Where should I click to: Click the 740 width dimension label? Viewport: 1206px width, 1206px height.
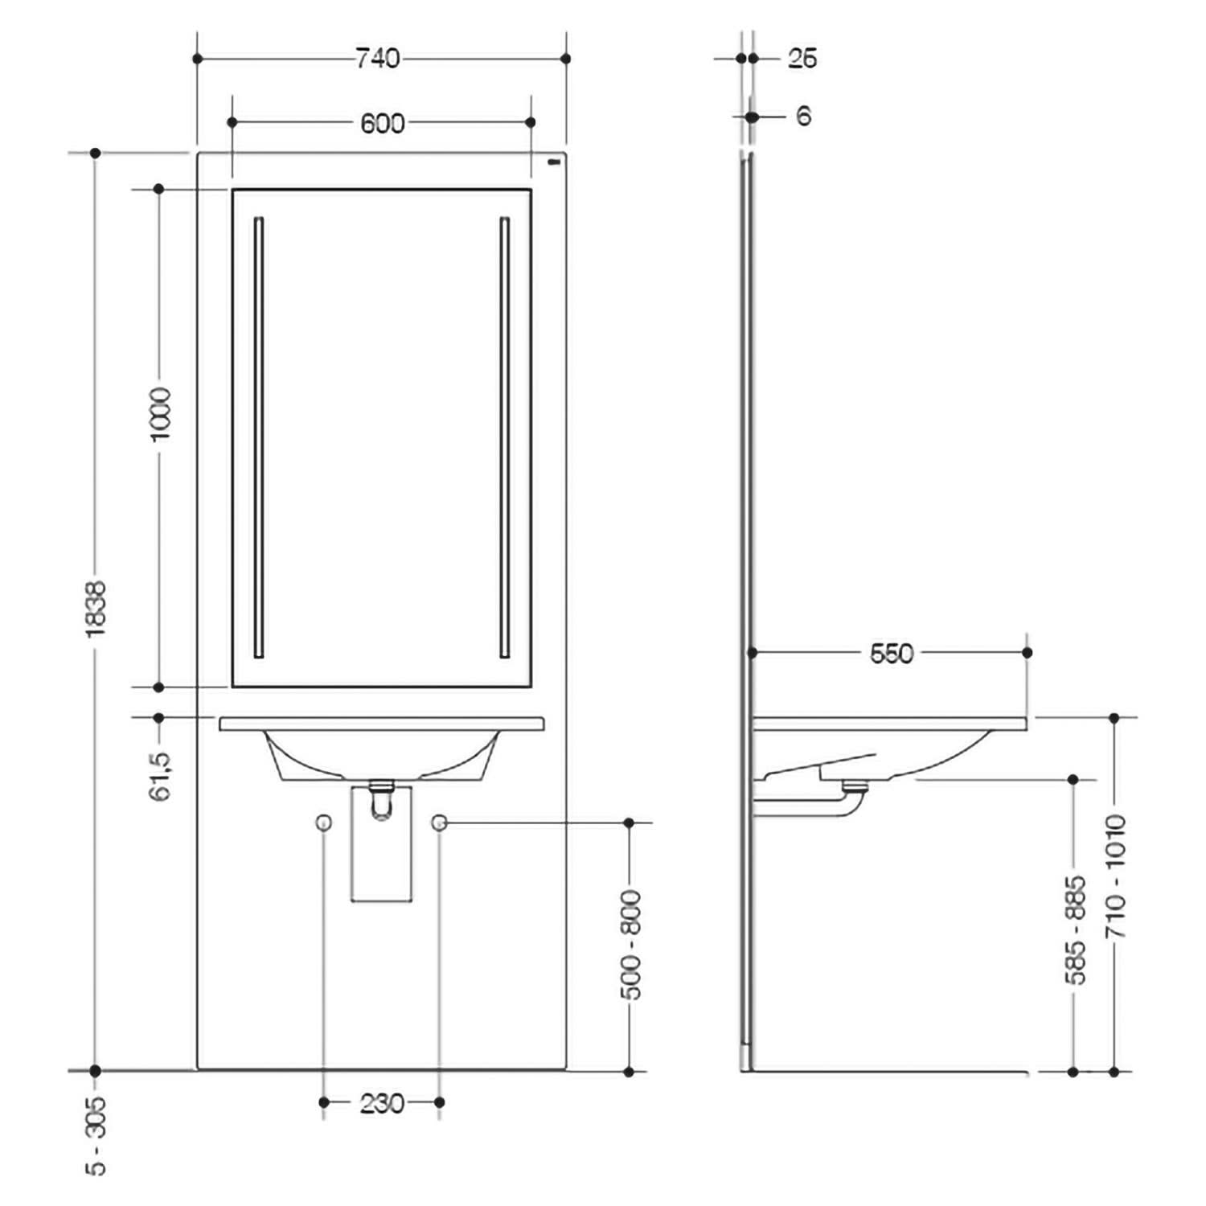(378, 59)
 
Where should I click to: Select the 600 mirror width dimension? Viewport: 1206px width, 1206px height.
(383, 123)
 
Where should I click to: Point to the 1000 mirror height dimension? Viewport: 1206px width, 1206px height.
(161, 413)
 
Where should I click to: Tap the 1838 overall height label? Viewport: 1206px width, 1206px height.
(96, 609)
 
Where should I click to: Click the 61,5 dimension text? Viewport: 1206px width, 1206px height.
(161, 776)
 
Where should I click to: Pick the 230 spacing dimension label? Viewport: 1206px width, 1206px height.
(382, 1103)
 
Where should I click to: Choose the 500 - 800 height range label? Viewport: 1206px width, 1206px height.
(632, 944)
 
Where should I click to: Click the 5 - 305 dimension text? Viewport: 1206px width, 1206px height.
(96, 1136)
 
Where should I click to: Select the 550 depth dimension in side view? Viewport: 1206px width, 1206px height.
(892, 654)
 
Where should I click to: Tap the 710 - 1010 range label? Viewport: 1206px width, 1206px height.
(1116, 876)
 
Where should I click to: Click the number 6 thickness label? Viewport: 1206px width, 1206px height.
(803, 117)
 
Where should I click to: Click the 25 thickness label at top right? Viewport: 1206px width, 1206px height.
(802, 59)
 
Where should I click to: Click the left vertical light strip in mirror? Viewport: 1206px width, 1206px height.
(259, 437)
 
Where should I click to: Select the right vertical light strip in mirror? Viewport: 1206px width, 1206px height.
(505, 437)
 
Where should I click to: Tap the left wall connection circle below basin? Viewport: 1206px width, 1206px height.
(324, 822)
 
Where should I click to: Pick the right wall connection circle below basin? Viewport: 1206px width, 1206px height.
(439, 822)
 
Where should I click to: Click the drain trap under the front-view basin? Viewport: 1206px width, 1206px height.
(382, 800)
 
